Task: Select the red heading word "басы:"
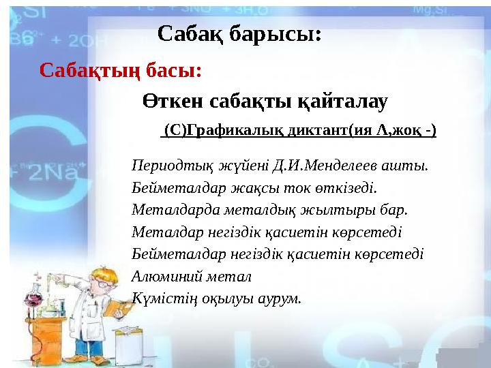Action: tap(173, 70)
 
